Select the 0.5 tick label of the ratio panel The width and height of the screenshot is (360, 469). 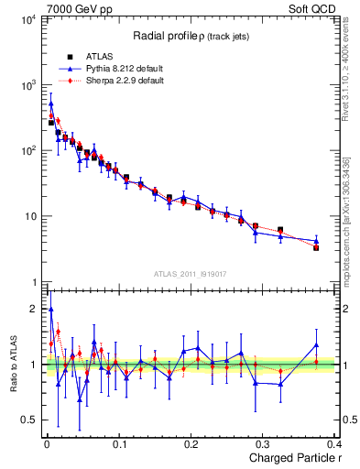28,420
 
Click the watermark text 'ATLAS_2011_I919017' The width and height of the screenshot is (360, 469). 190,273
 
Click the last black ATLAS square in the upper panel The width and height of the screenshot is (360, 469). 316,247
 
